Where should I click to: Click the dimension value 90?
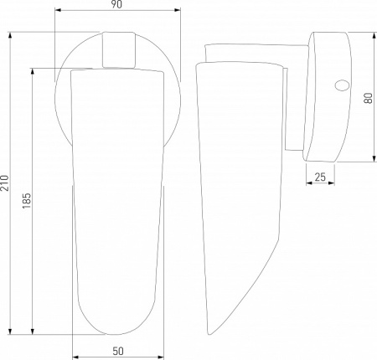pyautogui.click(x=116, y=5)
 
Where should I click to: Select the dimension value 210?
pyautogui.click(x=5, y=183)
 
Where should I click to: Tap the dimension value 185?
pyautogui.click(x=27, y=201)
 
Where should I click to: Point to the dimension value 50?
pyautogui.click(x=118, y=351)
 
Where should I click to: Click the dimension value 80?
pyautogui.click(x=369, y=98)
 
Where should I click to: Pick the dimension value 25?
pyautogui.click(x=320, y=177)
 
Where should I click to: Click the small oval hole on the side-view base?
pyautogui.click(x=342, y=85)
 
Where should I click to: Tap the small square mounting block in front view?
pyautogui.click(x=119, y=49)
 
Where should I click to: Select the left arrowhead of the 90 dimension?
pyautogui.click(x=58, y=10)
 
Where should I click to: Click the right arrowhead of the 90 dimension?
pyautogui.click(x=177, y=10)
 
